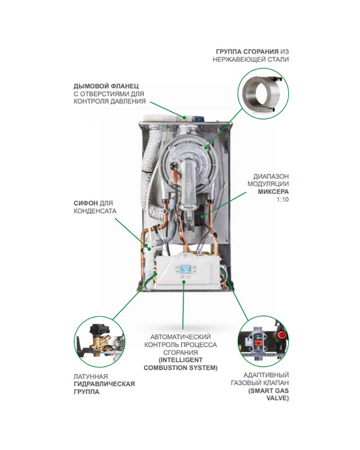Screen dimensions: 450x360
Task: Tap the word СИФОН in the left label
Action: click(x=85, y=203)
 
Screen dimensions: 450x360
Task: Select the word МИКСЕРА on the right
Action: click(x=274, y=192)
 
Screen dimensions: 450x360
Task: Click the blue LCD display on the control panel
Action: click(x=185, y=270)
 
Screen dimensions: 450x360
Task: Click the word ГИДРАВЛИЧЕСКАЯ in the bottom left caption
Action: click(x=104, y=384)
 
